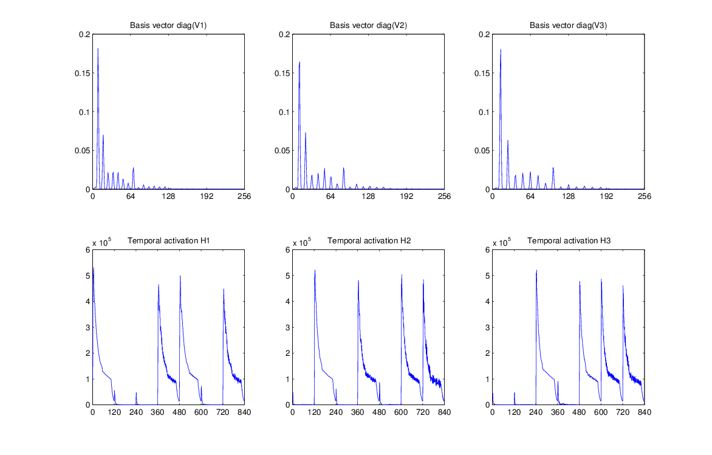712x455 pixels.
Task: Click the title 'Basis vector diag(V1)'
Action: (x=168, y=26)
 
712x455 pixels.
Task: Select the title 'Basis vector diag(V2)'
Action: (x=368, y=26)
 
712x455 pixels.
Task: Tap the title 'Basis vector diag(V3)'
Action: (x=568, y=26)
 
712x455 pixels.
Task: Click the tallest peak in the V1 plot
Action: (x=98, y=49)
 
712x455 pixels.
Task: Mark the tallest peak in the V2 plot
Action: (x=300, y=62)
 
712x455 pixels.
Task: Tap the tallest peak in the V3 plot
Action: (x=501, y=49)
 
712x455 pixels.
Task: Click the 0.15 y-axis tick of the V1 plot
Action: (x=81, y=73)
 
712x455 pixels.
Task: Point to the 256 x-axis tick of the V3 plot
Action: (x=645, y=197)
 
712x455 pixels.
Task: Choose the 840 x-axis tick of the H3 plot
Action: (x=645, y=412)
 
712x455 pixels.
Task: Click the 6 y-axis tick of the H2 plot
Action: (x=286, y=249)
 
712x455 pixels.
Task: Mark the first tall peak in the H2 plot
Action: (x=315, y=271)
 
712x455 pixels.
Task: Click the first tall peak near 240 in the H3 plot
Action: (x=536, y=271)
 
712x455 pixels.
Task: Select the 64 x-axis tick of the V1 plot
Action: (x=131, y=197)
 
